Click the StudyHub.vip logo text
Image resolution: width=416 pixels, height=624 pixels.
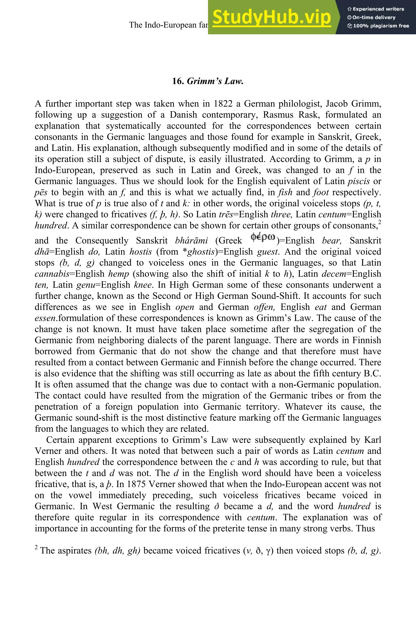[x=272, y=17]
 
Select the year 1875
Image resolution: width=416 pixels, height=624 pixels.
[x=136, y=484]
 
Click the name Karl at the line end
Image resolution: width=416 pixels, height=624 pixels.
[x=373, y=440]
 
